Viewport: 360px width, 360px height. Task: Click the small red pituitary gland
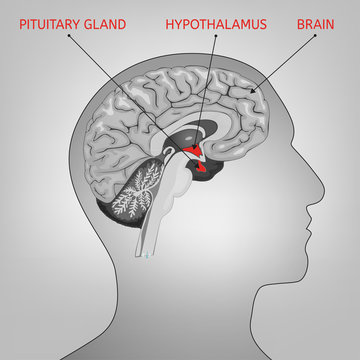click(x=206, y=169)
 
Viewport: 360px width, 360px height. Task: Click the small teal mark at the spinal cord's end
click(x=150, y=257)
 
